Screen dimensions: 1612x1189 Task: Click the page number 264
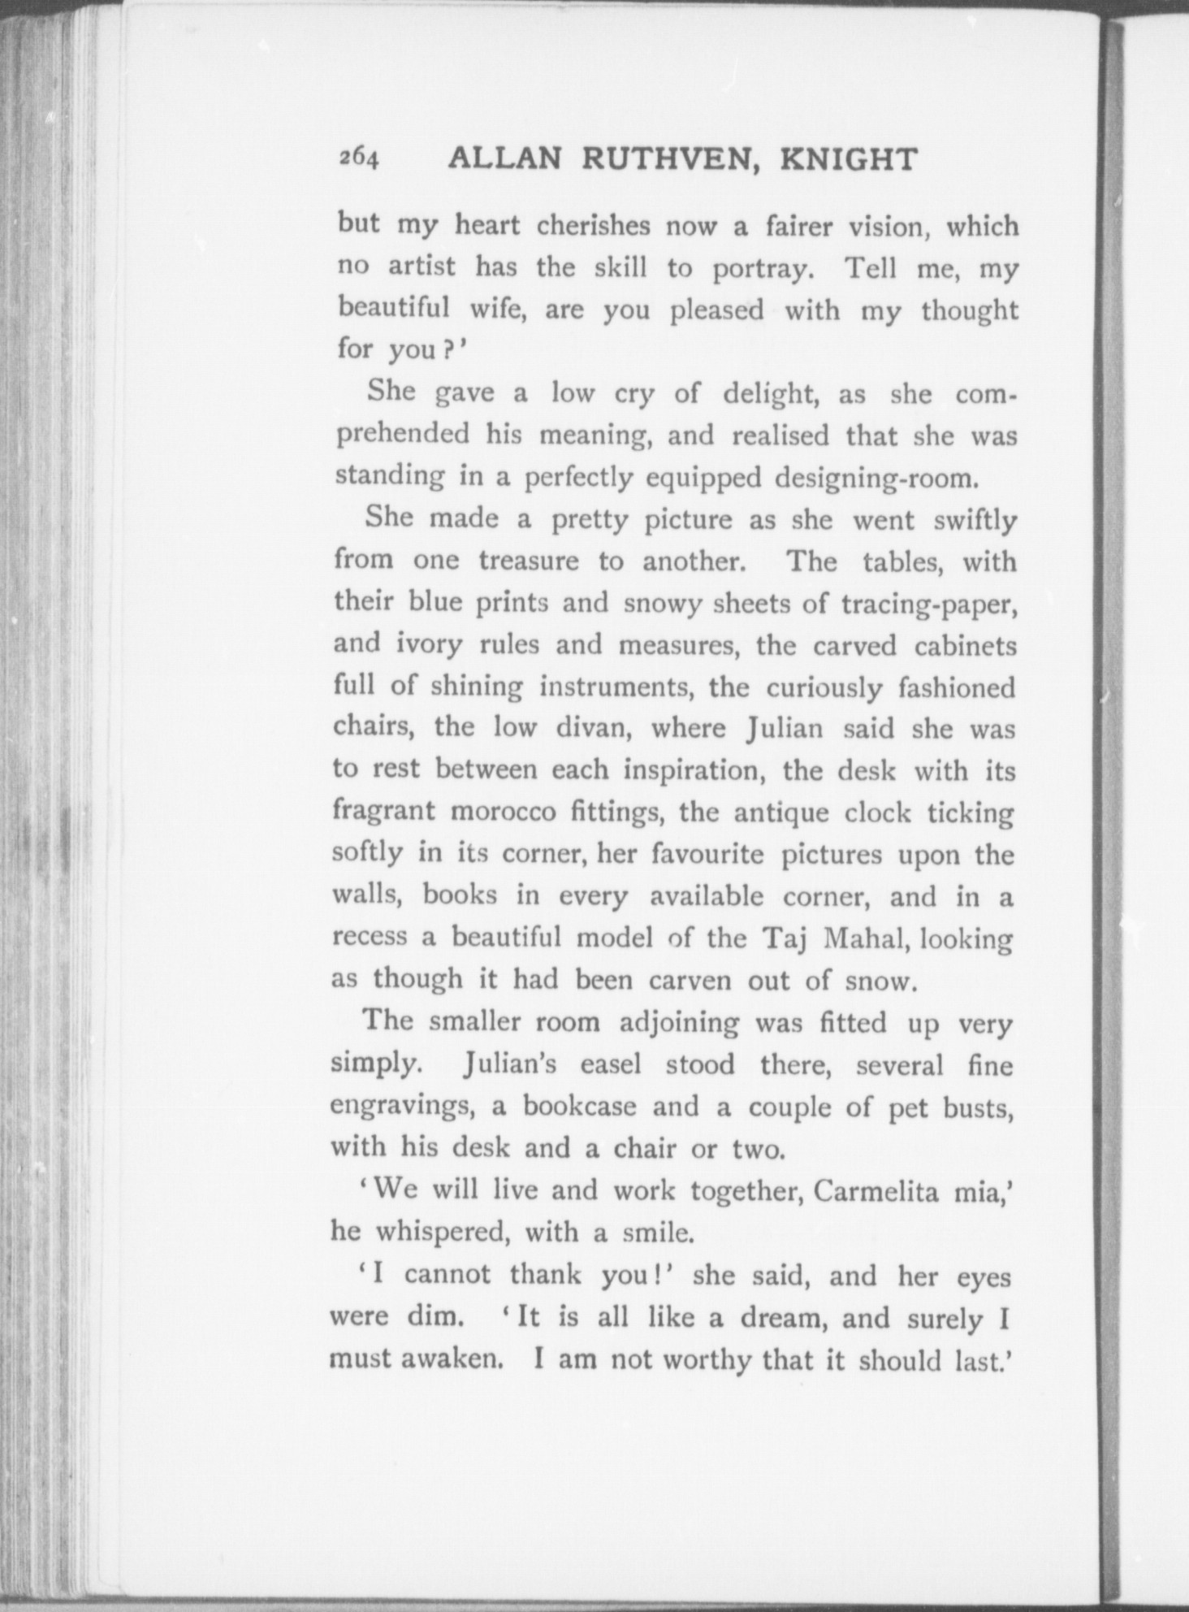coord(359,158)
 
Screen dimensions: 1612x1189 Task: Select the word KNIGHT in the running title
coord(848,159)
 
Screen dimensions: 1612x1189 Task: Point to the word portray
coord(762,269)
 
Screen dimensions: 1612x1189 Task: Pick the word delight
coord(770,394)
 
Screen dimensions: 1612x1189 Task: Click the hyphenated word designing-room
coord(875,478)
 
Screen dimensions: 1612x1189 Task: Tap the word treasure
coord(529,561)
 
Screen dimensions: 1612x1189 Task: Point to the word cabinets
coord(965,645)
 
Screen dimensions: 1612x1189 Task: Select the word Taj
coord(786,938)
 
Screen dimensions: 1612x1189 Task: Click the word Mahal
coord(858,938)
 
